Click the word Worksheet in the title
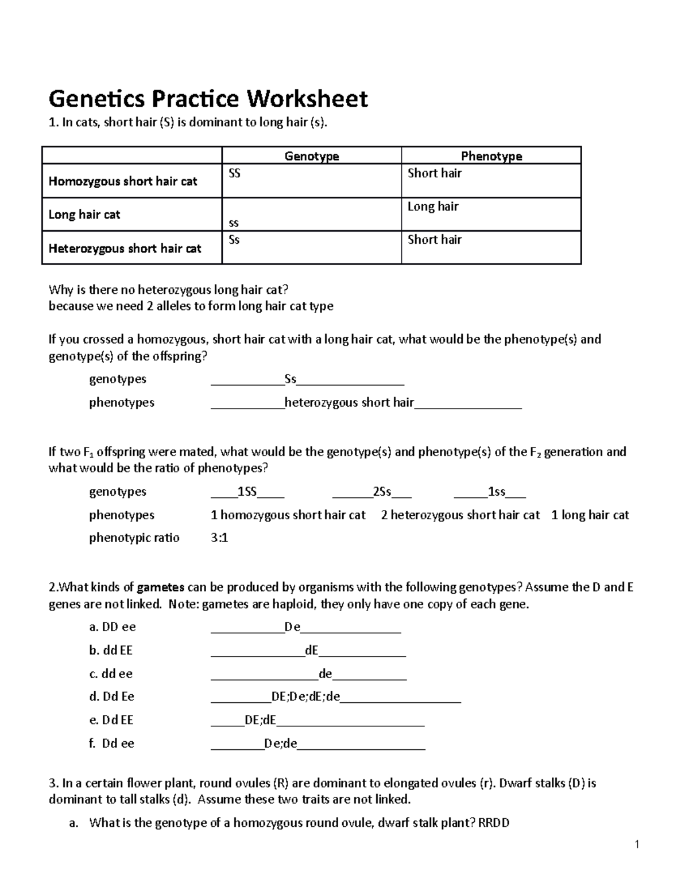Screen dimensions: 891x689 [x=307, y=99]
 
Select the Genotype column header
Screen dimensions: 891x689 [x=312, y=156]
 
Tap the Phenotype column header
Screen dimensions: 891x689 [x=491, y=156]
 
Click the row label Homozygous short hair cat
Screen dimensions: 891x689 [x=123, y=181]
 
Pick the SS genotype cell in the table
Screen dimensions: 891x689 [x=234, y=173]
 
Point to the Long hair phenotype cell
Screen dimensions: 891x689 [x=433, y=207]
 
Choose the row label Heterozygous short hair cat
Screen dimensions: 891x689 [x=125, y=248]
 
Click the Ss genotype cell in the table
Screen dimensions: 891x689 [x=234, y=240]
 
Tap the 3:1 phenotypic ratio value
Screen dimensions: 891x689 [x=219, y=538]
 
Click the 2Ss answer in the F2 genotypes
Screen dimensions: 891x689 [x=382, y=492]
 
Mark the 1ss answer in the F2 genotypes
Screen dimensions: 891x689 [x=497, y=492]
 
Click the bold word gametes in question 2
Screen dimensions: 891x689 [x=161, y=587]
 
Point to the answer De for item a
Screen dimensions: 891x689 [x=292, y=627]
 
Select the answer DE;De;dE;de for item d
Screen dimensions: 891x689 [x=306, y=697]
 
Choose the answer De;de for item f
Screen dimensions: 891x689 [x=281, y=744]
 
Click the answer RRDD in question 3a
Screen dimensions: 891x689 [x=494, y=823]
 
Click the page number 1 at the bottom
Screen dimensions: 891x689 [x=637, y=844]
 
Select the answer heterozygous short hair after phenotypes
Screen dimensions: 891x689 [x=349, y=403]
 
